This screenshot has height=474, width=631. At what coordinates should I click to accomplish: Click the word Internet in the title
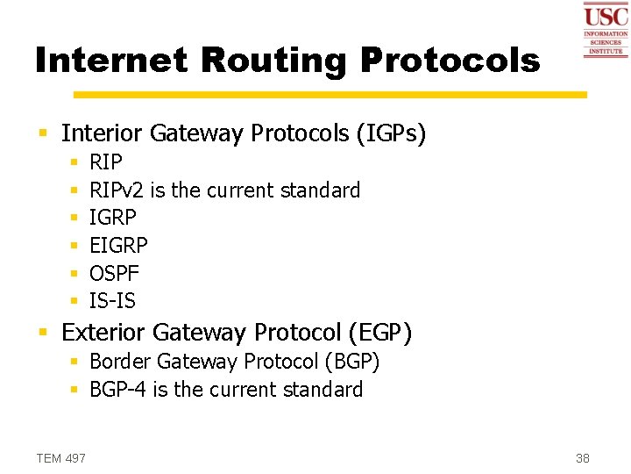click(110, 61)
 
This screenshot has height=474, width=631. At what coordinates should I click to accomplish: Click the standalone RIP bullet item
click(106, 162)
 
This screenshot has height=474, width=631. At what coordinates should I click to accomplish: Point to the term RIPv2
click(117, 190)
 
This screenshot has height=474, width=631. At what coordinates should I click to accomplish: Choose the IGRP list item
click(113, 218)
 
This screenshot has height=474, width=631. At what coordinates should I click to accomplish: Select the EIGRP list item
click(119, 246)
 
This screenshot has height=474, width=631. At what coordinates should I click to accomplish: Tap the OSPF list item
click(114, 274)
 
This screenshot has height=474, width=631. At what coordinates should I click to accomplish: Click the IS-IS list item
click(112, 301)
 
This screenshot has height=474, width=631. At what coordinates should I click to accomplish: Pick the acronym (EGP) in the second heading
click(379, 333)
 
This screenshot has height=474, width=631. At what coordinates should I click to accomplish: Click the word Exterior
click(103, 333)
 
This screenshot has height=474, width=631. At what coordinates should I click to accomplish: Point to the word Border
click(118, 362)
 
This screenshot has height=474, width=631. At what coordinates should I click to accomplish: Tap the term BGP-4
click(118, 390)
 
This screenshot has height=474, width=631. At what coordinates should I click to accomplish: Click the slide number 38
click(583, 457)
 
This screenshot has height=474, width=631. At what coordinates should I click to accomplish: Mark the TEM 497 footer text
click(60, 457)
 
